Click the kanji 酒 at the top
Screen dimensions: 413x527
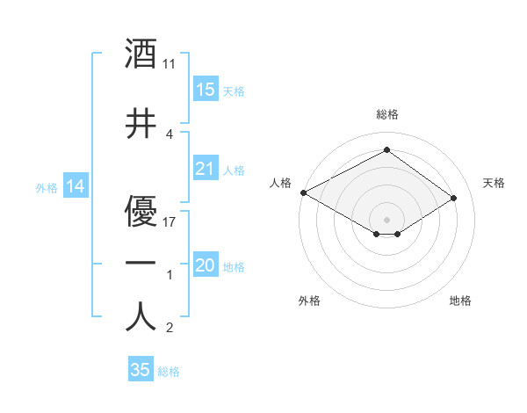coord(141,54)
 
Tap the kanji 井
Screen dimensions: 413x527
coord(141,125)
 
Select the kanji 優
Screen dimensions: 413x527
coord(141,211)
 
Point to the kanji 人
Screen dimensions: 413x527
coord(141,316)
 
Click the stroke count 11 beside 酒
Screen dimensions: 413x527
coord(170,64)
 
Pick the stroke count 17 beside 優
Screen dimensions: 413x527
coord(170,221)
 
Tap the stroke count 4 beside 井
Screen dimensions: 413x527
coord(169,134)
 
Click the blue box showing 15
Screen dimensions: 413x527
coord(205,90)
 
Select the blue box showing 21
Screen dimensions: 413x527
coord(205,169)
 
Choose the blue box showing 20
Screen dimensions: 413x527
coord(205,265)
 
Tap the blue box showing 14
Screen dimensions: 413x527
coord(75,186)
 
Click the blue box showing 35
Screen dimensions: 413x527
coord(141,370)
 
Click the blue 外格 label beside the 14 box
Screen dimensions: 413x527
coord(47,187)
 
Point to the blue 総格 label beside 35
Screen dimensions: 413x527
coord(169,372)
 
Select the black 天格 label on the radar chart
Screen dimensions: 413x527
coord(495,183)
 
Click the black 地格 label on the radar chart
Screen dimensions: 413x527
coord(460,301)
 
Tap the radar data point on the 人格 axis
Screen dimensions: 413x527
coord(303,192)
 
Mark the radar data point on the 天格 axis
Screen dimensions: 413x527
coord(453,199)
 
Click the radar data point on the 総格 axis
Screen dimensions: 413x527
coord(386,150)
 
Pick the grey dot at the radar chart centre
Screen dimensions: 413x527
coord(386,218)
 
